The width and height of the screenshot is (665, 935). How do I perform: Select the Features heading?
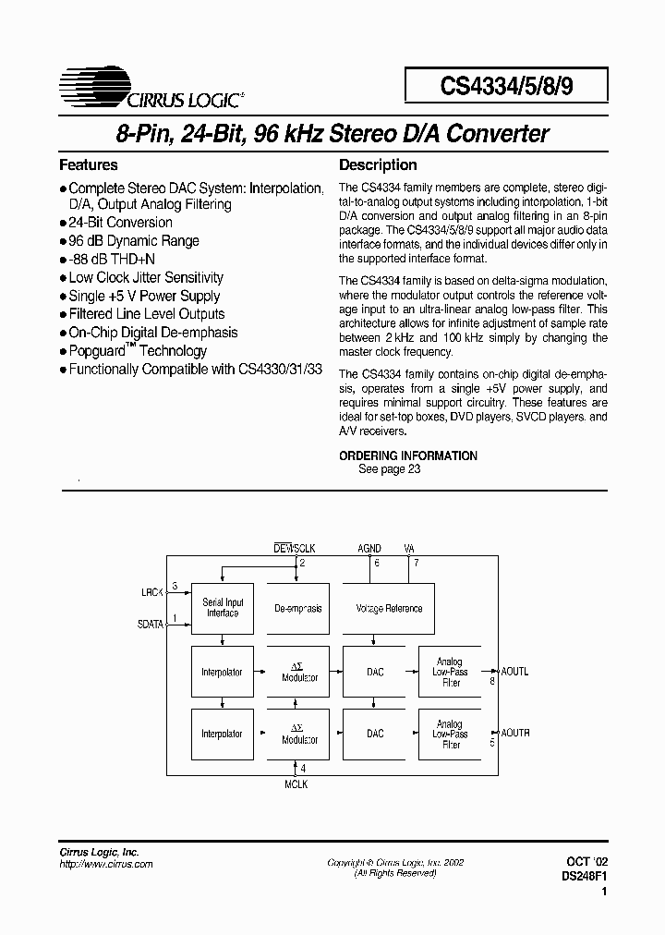click(89, 165)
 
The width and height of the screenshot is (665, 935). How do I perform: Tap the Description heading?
click(378, 165)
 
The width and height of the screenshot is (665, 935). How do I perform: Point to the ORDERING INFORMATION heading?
click(408, 455)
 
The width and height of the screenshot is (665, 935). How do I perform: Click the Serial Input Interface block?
click(223, 608)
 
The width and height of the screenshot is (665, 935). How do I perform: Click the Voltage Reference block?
click(389, 609)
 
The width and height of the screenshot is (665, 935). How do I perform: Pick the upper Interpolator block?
click(222, 672)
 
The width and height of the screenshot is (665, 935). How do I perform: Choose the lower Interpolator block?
click(222, 734)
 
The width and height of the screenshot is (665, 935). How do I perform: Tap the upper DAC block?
click(375, 672)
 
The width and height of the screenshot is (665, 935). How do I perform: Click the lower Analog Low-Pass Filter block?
click(450, 734)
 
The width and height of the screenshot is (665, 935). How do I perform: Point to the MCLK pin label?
click(295, 784)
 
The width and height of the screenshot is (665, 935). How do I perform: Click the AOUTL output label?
click(515, 672)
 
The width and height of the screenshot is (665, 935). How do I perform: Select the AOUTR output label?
click(515, 733)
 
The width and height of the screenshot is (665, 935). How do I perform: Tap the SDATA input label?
click(151, 624)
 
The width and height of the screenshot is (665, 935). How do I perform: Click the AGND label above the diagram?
click(369, 548)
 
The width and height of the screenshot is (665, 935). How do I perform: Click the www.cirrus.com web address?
click(106, 864)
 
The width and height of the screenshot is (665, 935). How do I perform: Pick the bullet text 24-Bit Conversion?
click(120, 223)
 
